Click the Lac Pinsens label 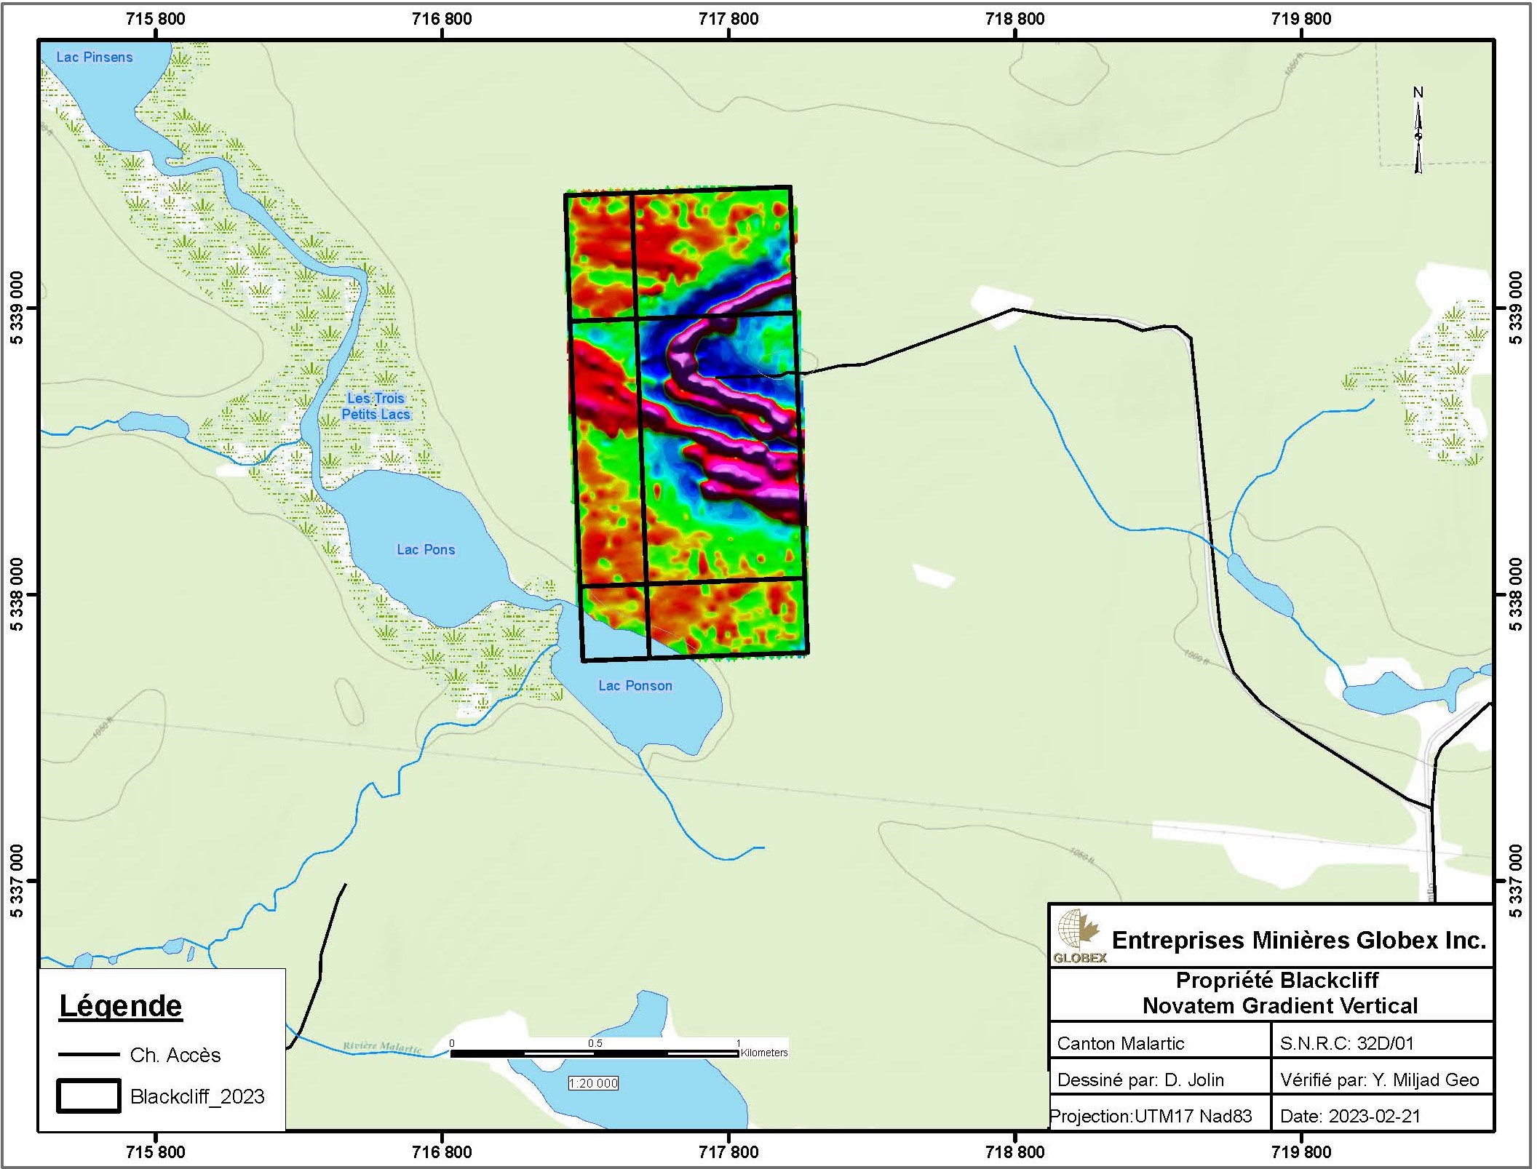point(95,57)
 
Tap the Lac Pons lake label point(426,550)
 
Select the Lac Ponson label point(635,686)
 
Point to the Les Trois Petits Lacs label point(376,407)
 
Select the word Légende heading point(121,1006)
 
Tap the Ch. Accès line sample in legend point(89,1054)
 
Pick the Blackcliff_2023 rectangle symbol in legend point(89,1096)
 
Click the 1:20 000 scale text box point(593,1083)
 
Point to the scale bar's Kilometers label point(764,1053)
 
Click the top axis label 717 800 point(728,19)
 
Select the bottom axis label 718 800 point(1014,1152)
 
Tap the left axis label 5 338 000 point(17,594)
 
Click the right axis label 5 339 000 point(1516,308)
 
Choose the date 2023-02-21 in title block point(1350,1116)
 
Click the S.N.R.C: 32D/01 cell point(1346,1044)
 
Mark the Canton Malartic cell point(1121,1044)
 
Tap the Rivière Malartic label point(382,1047)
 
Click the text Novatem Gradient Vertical point(1280,1006)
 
